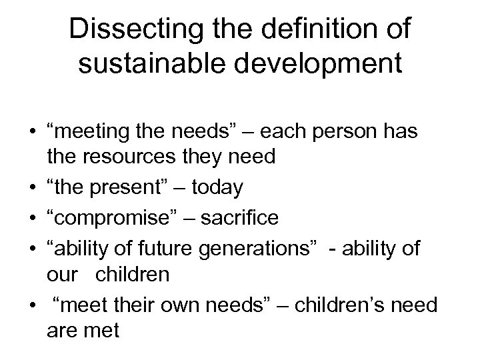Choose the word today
pos(217,188)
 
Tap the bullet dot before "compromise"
pos(31,218)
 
